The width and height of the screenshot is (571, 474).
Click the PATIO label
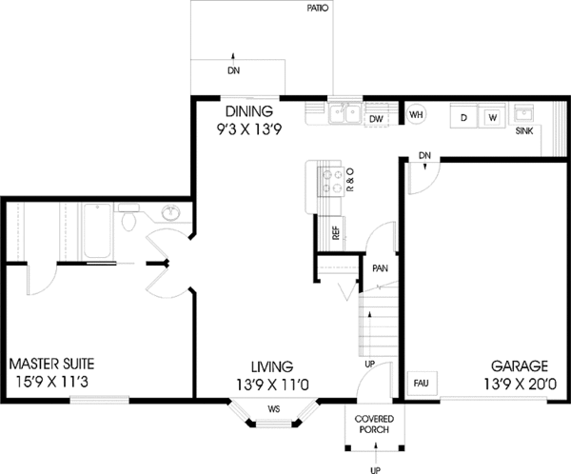point(318,8)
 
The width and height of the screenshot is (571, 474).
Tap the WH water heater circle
point(416,114)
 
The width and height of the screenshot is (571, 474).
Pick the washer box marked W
point(492,116)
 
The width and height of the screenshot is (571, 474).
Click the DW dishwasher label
point(377,119)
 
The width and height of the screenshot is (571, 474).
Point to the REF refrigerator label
point(336,233)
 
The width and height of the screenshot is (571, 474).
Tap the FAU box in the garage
point(422,384)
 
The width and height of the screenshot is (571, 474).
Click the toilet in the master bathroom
point(128,218)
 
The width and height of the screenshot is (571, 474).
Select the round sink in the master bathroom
point(170,213)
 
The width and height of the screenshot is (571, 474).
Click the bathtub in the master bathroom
point(97,231)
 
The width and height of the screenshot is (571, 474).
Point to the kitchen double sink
point(345,113)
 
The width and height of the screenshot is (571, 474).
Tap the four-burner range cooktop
point(330,182)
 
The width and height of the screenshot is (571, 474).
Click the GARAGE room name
point(520,365)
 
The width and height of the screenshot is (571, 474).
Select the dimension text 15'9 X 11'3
point(52,383)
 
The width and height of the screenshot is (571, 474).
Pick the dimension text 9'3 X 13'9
point(249,129)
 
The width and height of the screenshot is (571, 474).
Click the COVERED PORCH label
point(374,425)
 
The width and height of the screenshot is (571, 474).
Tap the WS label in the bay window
point(274,409)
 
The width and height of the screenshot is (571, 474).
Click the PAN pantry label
point(380,268)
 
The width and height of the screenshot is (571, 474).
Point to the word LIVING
point(272,366)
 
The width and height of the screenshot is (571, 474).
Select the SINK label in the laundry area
point(524,131)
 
